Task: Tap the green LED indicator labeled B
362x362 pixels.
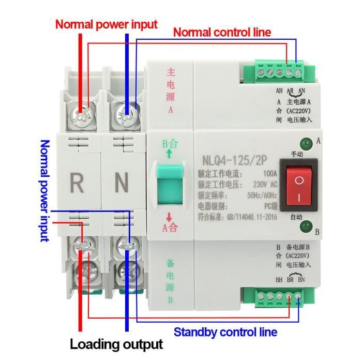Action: [x=306, y=224]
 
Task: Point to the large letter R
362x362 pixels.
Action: [x=77, y=182]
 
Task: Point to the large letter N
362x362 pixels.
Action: [x=121, y=182]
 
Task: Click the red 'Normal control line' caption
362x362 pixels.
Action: [x=222, y=32]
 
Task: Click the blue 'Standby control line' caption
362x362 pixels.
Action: [x=225, y=332]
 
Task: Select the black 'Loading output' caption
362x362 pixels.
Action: [x=116, y=344]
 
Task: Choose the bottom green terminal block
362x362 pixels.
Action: [x=277, y=297]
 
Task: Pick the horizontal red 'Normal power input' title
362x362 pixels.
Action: [x=107, y=24]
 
